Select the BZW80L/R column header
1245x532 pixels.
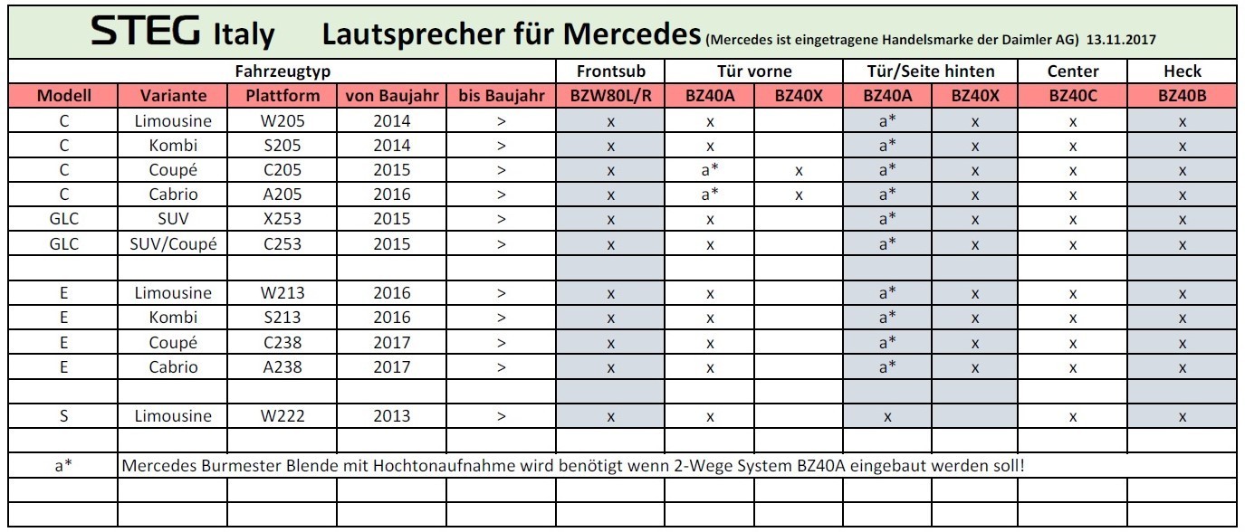tap(610, 95)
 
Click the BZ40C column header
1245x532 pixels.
tap(1072, 95)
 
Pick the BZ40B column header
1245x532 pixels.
tap(1182, 95)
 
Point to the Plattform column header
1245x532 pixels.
tap(281, 95)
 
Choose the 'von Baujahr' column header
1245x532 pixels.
tap(391, 95)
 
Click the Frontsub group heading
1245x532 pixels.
tap(610, 71)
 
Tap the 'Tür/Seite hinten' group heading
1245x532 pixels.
tap(931, 71)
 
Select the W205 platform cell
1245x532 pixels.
tap(281, 120)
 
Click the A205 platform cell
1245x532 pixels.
tap(281, 195)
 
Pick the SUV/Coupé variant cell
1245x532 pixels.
tap(173, 243)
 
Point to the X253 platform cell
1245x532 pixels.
tap(281, 219)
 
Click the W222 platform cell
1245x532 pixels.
tap(281, 416)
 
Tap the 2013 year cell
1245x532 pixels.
tap(391, 416)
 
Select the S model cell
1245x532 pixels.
tap(63, 416)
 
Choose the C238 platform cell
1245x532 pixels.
tap(281, 343)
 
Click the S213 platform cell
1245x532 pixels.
tap(281, 318)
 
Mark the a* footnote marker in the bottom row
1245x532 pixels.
tap(63, 465)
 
